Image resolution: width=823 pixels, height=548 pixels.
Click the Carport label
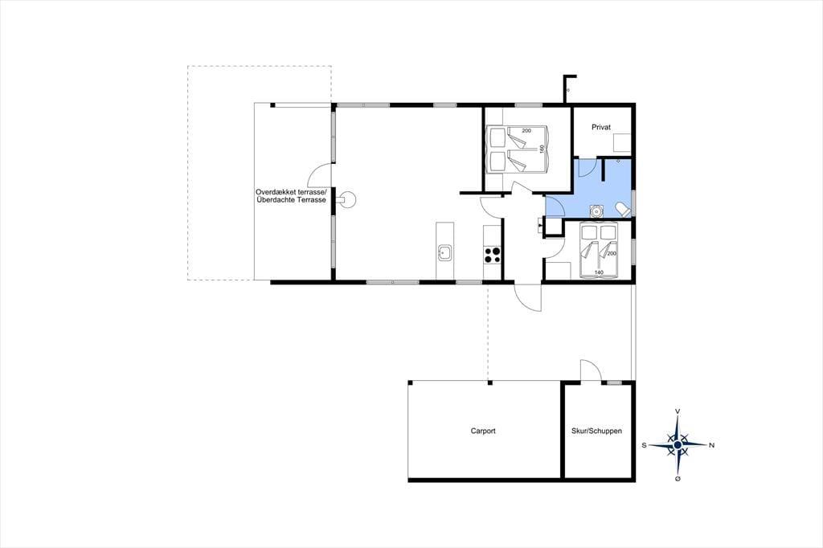click(x=483, y=431)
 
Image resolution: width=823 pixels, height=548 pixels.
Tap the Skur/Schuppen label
click(x=597, y=431)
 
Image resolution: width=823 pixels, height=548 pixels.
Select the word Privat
click(x=601, y=127)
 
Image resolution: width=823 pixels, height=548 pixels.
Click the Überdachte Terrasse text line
click(x=291, y=200)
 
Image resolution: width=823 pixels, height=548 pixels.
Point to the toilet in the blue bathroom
click(x=623, y=209)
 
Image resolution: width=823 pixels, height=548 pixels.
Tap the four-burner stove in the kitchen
click(x=493, y=254)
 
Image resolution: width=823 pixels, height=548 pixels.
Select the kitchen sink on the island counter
click(x=444, y=253)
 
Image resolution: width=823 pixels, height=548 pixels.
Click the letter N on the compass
click(x=712, y=445)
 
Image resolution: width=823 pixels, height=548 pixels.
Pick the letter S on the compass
click(x=644, y=445)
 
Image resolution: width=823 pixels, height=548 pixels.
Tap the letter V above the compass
click(x=678, y=411)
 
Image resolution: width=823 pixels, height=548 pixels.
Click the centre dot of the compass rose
click(x=678, y=445)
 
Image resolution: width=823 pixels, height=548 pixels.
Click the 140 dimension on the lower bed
click(x=599, y=272)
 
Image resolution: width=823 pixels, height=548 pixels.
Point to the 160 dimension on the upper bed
click(x=543, y=149)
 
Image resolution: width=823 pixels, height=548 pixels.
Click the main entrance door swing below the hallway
click(x=528, y=298)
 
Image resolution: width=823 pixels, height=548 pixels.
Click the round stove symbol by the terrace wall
click(x=346, y=200)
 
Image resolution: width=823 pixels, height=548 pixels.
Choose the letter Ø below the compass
click(x=678, y=479)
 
